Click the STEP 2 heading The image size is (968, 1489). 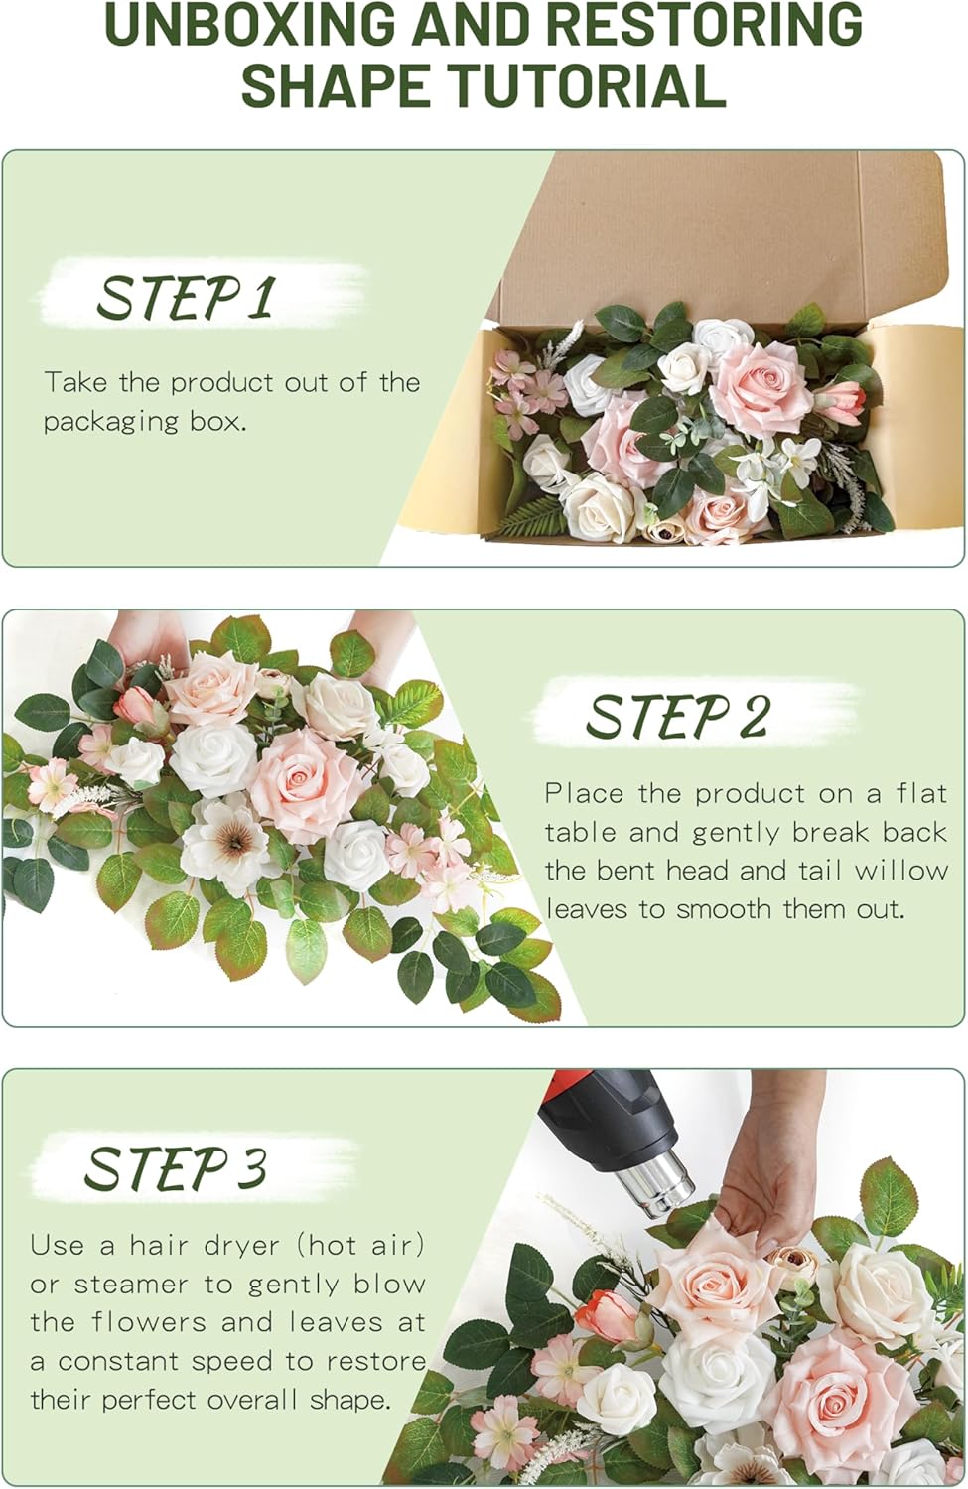pos(677,716)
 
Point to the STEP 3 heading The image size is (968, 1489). pos(175,1167)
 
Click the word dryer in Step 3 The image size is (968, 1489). pos(242,1246)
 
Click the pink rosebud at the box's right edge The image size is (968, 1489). pos(842,397)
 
